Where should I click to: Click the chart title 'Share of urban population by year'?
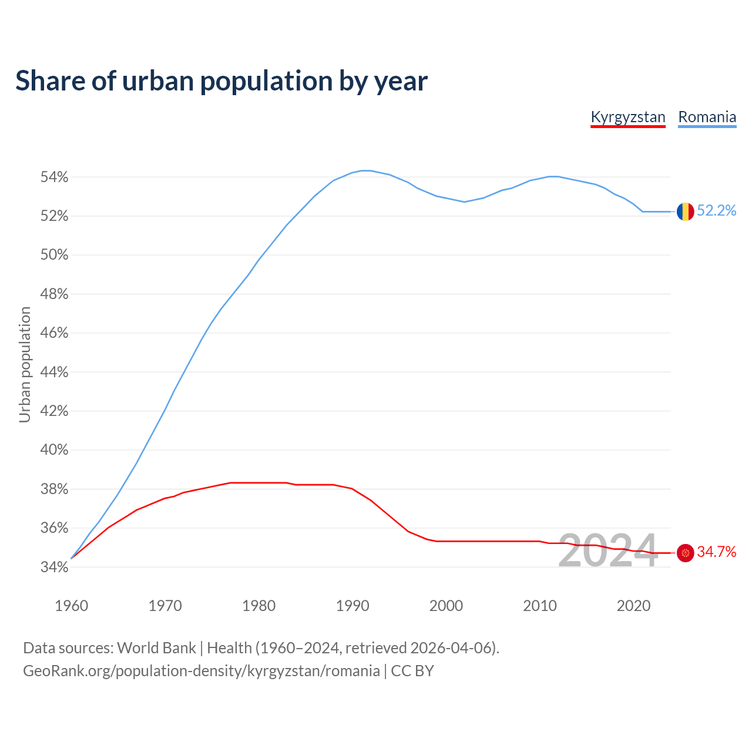coord(221,81)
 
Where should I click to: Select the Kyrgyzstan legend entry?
coord(627,117)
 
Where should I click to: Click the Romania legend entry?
coord(707,117)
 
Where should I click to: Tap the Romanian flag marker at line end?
coord(685,211)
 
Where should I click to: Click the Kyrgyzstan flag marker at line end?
coord(685,553)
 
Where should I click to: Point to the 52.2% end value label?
coord(717,211)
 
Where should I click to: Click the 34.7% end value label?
coord(717,552)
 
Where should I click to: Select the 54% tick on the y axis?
coord(54,177)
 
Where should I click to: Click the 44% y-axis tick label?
coord(54,372)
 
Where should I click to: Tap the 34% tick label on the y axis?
coord(54,568)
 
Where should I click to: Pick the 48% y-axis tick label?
coord(54,294)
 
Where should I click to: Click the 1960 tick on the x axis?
coord(72,606)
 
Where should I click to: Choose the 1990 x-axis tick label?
coord(352,606)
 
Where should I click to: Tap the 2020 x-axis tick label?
coord(633,606)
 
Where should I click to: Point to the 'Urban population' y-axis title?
coord(25,364)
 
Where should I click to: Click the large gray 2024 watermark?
coord(607,551)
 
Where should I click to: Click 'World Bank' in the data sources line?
coord(156,648)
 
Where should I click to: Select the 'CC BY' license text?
coord(412,671)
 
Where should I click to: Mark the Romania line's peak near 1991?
coord(365,170)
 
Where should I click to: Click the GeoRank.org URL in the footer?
coord(201,671)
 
